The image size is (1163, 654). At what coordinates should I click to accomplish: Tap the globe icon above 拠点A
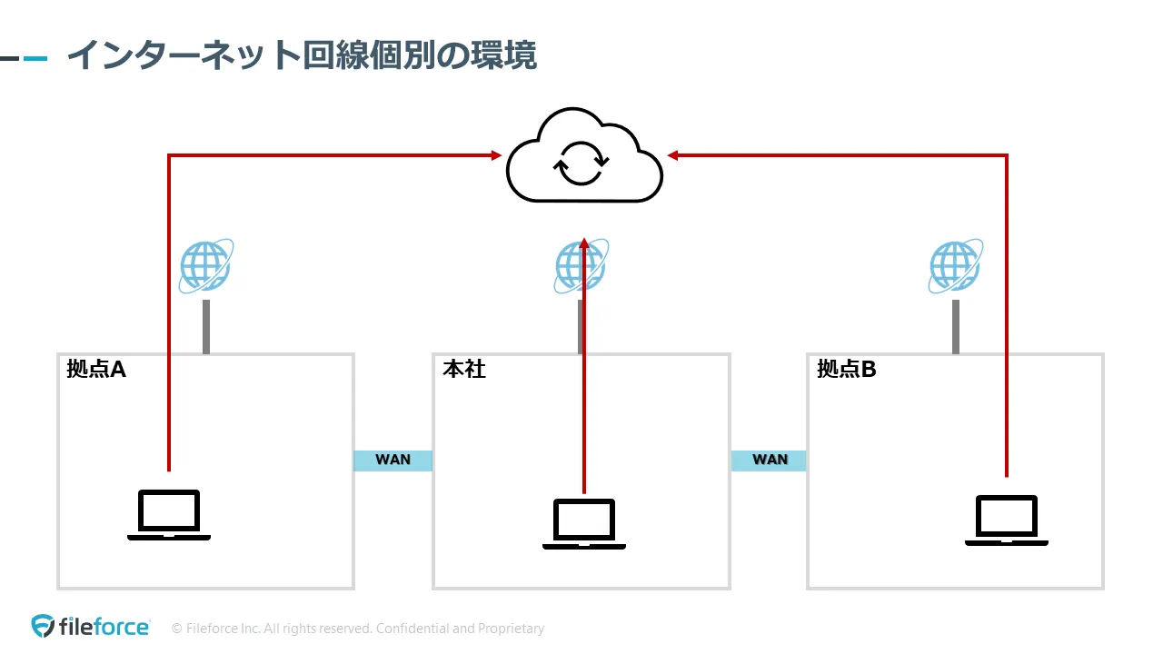pyautogui.click(x=205, y=266)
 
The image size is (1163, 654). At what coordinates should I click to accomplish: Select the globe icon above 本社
pyautogui.click(x=580, y=266)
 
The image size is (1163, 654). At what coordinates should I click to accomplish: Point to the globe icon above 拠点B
pyautogui.click(x=955, y=266)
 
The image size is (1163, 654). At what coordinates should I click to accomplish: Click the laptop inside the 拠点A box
pyautogui.click(x=169, y=515)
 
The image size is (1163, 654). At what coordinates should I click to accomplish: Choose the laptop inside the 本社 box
pyautogui.click(x=584, y=524)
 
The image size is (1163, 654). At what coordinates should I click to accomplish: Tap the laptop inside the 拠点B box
pyautogui.click(x=1007, y=520)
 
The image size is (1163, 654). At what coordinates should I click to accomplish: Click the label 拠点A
pyautogui.click(x=96, y=370)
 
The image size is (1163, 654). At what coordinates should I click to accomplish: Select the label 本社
pyautogui.click(x=464, y=370)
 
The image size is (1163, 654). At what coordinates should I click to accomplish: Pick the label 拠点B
pyautogui.click(x=847, y=370)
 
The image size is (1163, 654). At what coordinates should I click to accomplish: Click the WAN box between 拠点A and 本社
pyautogui.click(x=393, y=460)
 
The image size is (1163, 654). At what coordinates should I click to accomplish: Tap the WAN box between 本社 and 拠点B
pyautogui.click(x=769, y=460)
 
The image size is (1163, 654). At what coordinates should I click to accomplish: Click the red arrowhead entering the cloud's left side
pyautogui.click(x=496, y=155)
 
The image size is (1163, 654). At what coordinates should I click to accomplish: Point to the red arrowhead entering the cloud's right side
pyautogui.click(x=673, y=155)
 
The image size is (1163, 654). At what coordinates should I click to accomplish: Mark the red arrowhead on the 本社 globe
pyautogui.click(x=584, y=243)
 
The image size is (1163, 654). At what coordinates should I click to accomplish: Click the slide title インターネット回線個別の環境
pyautogui.click(x=302, y=55)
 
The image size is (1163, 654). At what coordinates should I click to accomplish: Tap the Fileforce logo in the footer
pyautogui.click(x=91, y=627)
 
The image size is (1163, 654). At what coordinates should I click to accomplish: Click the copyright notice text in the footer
pyautogui.click(x=358, y=629)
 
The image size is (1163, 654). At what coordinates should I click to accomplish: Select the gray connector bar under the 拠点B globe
pyautogui.click(x=956, y=326)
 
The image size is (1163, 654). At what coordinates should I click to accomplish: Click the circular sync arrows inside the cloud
pyautogui.click(x=581, y=163)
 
